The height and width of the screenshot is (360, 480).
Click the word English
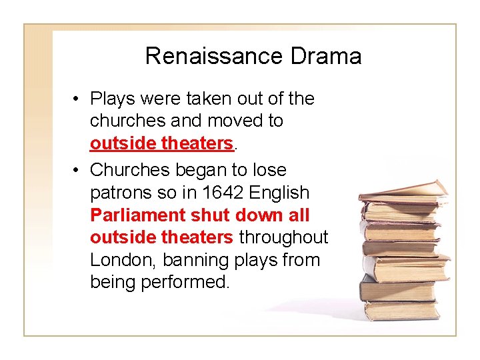pyautogui.click(x=280, y=193)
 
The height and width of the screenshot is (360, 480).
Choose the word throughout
pyautogui.click(x=283, y=238)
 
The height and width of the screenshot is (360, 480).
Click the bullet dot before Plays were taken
pyautogui.click(x=78, y=99)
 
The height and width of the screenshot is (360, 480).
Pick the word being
pyautogui.click(x=113, y=283)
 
